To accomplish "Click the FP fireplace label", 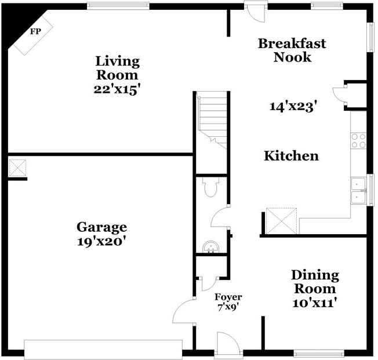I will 36,32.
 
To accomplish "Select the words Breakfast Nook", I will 292,50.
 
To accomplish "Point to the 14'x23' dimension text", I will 293,107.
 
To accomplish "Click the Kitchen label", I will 291,156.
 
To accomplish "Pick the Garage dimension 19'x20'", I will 102,241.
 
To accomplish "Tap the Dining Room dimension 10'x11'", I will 315,302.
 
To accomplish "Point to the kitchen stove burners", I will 358,140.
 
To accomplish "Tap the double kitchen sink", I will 359,191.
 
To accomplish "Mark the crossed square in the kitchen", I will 281,220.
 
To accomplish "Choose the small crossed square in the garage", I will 17,168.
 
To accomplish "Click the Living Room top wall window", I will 118,6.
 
